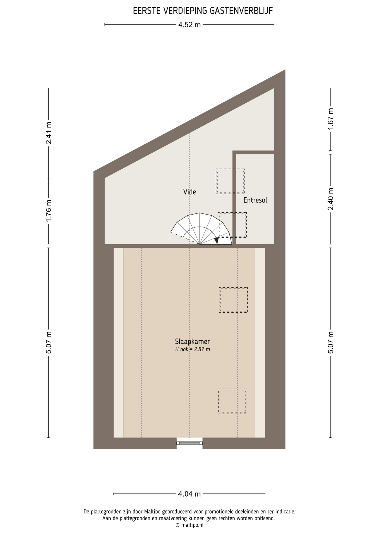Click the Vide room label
(189, 192)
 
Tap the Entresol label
(255, 200)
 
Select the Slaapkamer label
(192, 341)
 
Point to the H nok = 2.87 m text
(192, 349)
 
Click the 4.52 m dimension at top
(189, 25)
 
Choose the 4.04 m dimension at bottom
(189, 494)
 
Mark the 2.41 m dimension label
(49, 133)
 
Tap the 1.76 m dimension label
(49, 211)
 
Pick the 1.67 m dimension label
(331, 119)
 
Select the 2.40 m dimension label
(331, 199)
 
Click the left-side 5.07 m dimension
(49, 342)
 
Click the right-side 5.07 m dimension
(331, 342)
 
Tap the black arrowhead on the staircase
(216, 240)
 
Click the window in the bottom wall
(189, 443)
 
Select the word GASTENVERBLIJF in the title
(241, 11)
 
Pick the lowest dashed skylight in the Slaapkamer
(233, 401)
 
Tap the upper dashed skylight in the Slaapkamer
(233, 300)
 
